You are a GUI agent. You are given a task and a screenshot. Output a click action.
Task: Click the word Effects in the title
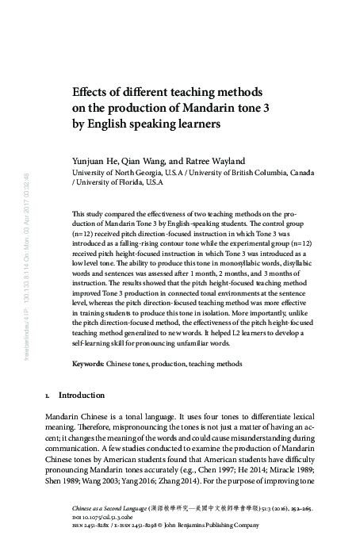coord(90,89)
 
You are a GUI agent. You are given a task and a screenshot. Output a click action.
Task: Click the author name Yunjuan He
coord(97,159)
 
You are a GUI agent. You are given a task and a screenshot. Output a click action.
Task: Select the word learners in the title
coord(197,124)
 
